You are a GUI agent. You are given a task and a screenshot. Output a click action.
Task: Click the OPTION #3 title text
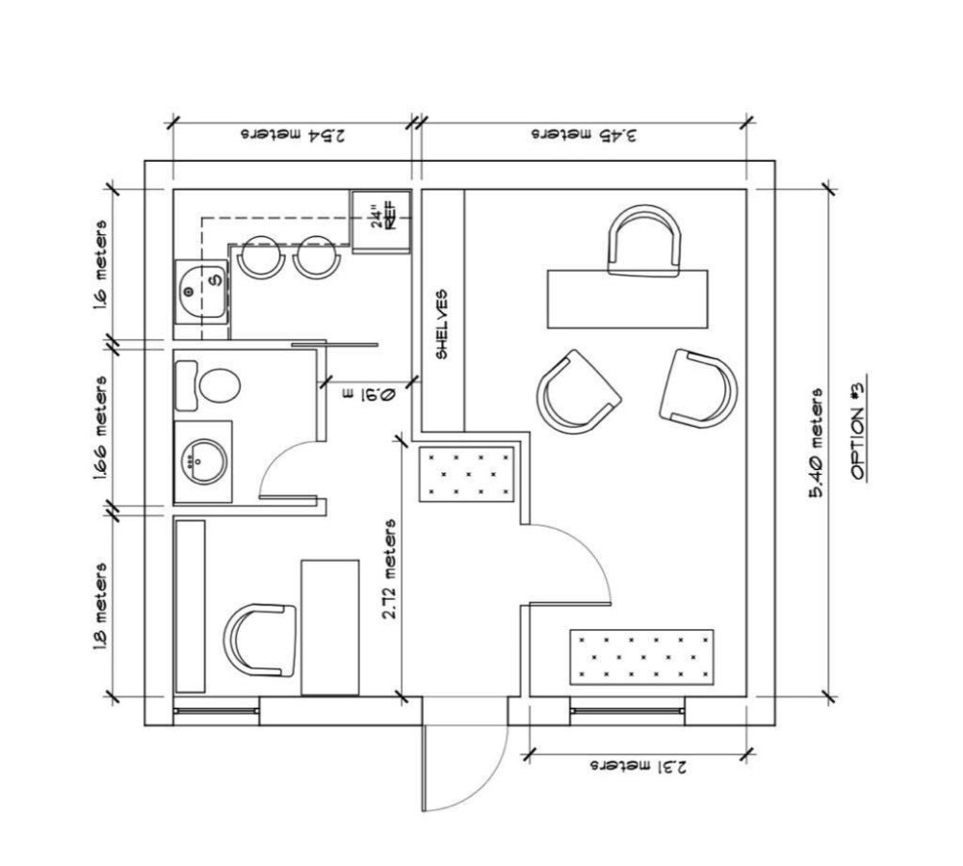point(858,428)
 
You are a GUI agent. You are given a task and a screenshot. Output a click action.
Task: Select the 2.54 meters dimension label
point(293,135)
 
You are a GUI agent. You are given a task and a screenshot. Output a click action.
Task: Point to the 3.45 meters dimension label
point(585,135)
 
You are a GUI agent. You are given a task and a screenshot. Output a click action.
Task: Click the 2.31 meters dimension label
point(638,767)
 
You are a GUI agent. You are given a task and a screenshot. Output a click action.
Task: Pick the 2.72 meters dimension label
point(389,569)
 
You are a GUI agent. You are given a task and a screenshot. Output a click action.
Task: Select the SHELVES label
point(442,325)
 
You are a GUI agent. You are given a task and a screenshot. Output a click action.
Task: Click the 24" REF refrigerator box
point(380,222)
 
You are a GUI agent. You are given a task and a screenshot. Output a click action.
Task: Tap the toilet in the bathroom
point(208,385)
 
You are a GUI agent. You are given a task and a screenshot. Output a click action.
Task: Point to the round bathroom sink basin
point(204,461)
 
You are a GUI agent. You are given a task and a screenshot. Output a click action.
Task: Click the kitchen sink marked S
point(201,292)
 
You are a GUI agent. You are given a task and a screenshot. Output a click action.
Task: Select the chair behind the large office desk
point(643,241)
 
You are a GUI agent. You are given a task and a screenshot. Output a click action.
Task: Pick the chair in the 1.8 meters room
point(260,640)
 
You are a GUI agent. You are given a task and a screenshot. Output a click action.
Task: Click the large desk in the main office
point(627,300)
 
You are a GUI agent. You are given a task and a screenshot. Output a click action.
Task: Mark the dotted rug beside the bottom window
point(641,657)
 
